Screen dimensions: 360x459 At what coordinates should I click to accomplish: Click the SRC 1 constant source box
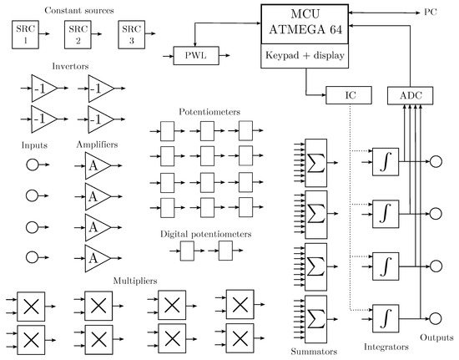[x=26, y=35]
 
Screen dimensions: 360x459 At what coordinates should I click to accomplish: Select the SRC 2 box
[x=78, y=35]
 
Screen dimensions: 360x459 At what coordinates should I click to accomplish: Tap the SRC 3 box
[x=129, y=35]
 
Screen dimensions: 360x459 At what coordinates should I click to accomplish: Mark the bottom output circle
[x=433, y=317]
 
